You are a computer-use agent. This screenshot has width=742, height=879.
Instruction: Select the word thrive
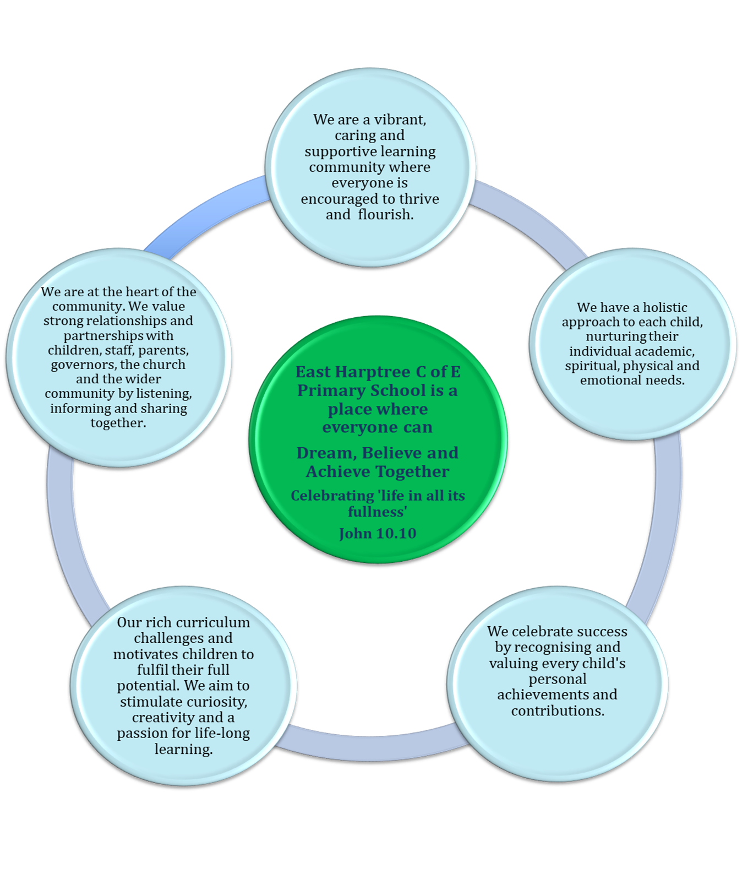click(x=418, y=198)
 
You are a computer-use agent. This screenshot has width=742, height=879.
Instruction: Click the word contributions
click(x=558, y=710)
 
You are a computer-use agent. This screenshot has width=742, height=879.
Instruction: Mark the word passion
click(x=142, y=733)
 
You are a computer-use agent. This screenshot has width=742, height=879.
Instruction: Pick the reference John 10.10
click(x=378, y=533)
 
